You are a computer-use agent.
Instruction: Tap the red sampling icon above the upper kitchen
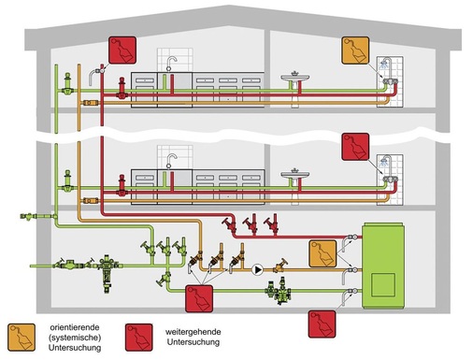122,50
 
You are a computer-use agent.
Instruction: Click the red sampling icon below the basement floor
322,323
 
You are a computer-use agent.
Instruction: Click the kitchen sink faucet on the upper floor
171,62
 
